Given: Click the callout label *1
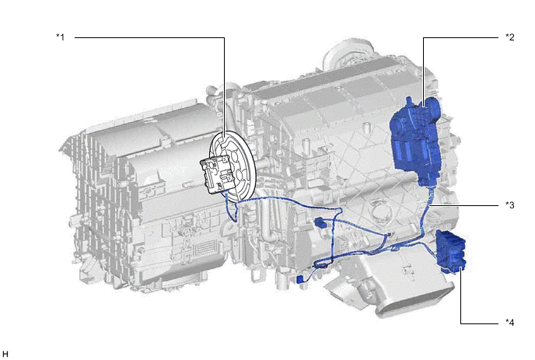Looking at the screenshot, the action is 61,37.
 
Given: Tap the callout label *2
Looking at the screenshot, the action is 510,37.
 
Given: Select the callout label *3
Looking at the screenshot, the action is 510,205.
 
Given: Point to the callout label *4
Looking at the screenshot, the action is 510,322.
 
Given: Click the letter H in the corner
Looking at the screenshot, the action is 5,355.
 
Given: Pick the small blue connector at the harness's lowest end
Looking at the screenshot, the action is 300,279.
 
